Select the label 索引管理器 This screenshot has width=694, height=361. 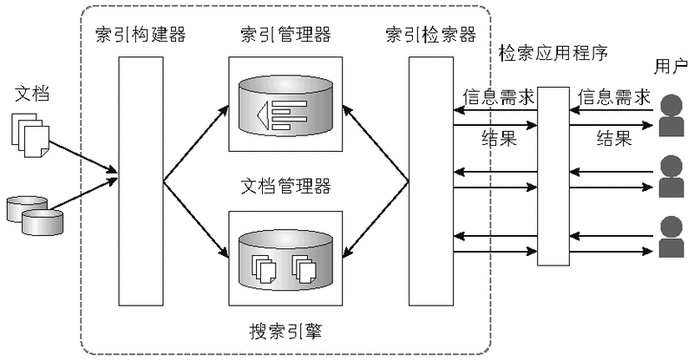point(285,36)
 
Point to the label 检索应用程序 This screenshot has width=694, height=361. point(553,53)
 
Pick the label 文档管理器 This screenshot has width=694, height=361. point(285,186)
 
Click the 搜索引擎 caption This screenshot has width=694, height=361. point(285,331)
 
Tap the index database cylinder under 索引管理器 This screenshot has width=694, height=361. point(286,106)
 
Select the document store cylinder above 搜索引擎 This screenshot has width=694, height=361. point(286,258)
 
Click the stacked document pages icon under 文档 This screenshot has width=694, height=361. point(29,136)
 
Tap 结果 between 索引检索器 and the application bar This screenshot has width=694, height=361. point(498,139)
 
